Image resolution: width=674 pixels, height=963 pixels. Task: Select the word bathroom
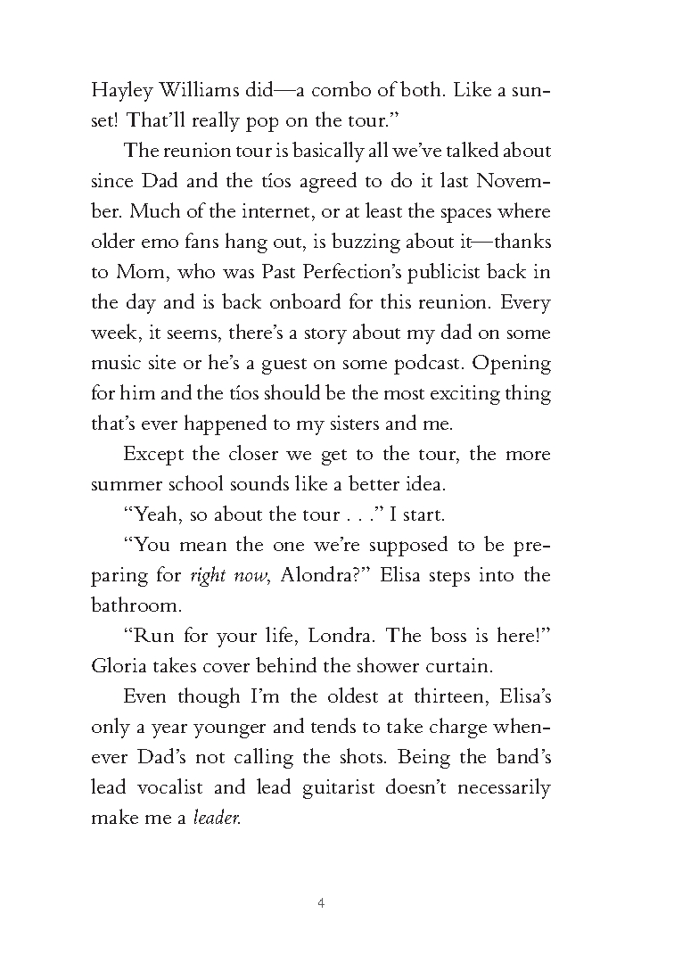[x=129, y=605]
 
